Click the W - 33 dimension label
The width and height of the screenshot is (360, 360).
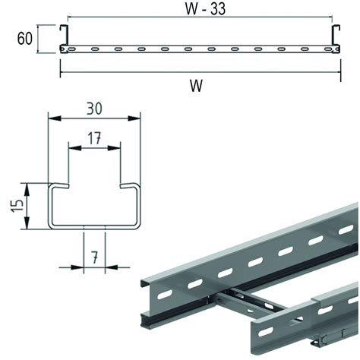[205, 8]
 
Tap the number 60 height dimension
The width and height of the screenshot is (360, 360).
[25, 39]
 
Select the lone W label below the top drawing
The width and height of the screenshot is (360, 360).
[197, 86]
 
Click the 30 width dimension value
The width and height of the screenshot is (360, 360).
[94, 109]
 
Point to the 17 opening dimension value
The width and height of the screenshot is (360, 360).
[94, 138]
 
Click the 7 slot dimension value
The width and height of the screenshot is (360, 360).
[94, 257]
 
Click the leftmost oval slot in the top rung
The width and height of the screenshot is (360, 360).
[71, 49]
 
